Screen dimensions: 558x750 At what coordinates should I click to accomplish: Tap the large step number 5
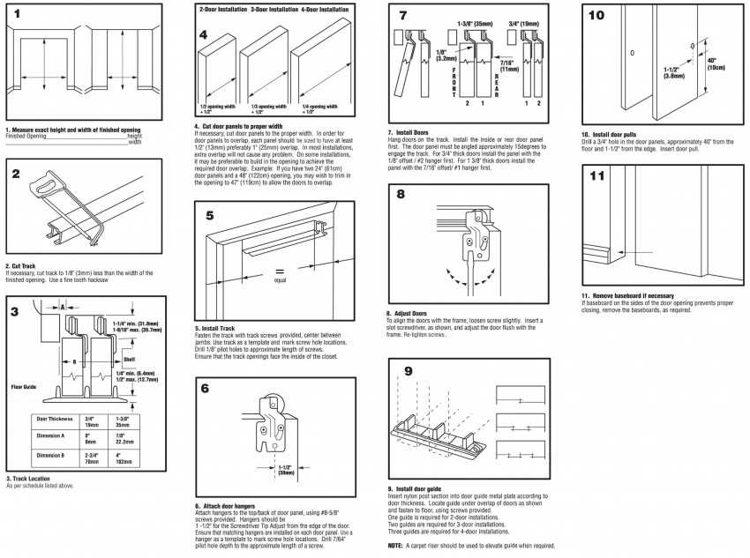point(209,215)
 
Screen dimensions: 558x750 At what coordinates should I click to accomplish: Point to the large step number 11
point(597,175)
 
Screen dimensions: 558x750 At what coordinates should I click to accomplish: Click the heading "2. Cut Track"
point(20,265)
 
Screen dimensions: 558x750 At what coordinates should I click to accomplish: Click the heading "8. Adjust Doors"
point(407,312)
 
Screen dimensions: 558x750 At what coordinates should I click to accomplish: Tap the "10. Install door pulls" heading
point(614,134)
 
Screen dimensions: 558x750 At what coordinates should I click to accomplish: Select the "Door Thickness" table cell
point(54,419)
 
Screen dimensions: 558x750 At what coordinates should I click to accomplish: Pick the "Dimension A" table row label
point(52,435)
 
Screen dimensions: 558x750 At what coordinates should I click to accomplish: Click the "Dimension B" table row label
point(52,455)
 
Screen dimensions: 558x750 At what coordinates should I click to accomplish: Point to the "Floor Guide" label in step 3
point(22,386)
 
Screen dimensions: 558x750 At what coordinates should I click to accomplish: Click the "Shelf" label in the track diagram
point(129,360)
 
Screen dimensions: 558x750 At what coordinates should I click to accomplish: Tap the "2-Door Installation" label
point(222,9)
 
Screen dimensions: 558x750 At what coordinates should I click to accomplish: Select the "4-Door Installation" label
point(325,9)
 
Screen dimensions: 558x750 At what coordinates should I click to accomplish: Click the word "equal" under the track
point(280,280)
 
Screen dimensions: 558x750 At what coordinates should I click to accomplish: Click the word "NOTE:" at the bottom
point(395,546)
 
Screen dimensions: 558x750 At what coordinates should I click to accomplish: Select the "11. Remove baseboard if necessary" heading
point(627,295)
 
